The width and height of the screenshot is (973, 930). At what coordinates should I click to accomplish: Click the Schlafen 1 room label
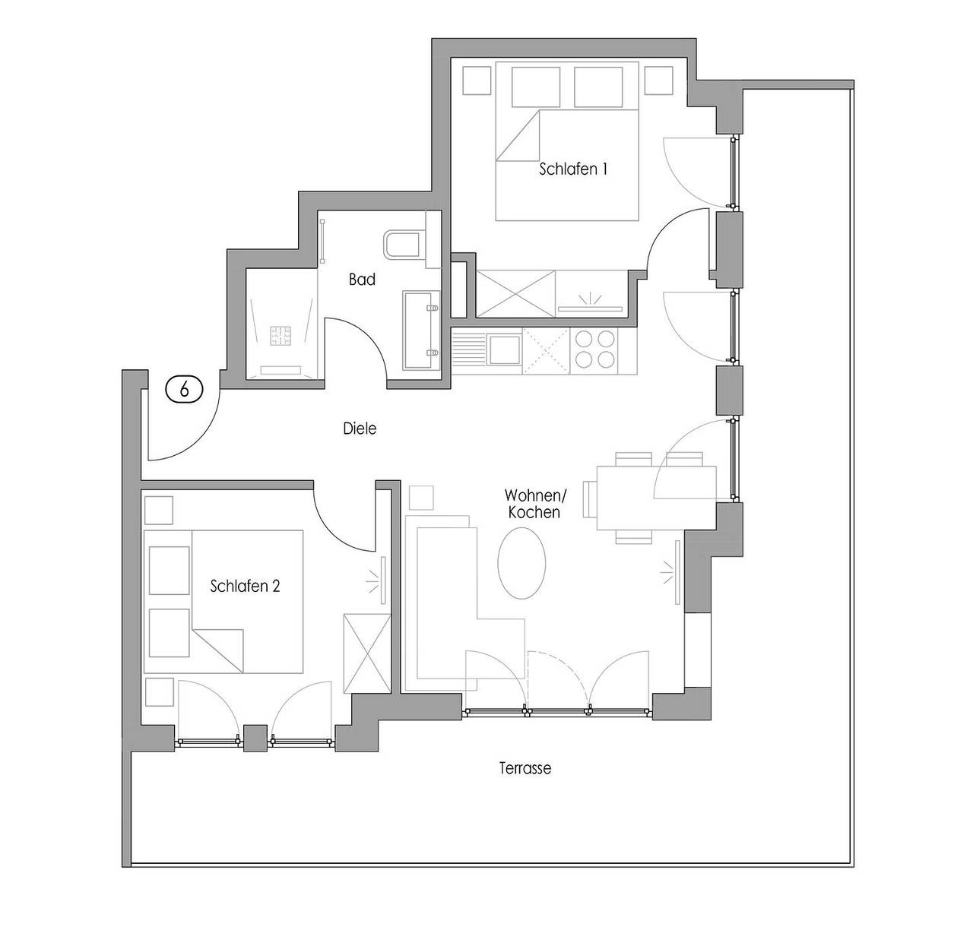pyautogui.click(x=573, y=169)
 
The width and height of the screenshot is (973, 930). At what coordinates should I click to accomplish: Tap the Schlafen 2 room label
pyautogui.click(x=245, y=586)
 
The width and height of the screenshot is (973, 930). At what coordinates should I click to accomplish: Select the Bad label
pyautogui.click(x=362, y=280)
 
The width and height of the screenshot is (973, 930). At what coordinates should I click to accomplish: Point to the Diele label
pyautogui.click(x=360, y=429)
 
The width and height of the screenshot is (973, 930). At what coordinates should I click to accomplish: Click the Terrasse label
pyautogui.click(x=525, y=767)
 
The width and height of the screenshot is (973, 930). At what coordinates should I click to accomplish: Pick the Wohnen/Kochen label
pyautogui.click(x=534, y=504)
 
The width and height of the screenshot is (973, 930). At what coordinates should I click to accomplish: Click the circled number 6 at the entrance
pyautogui.click(x=185, y=389)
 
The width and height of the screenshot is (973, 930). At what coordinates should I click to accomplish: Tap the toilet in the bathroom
pyautogui.click(x=401, y=245)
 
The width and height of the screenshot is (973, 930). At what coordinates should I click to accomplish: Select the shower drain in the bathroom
pyautogui.click(x=280, y=336)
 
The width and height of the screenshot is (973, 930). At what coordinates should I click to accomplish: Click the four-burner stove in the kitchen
pyautogui.click(x=594, y=350)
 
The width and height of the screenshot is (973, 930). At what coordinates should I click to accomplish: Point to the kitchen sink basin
pyautogui.click(x=504, y=350)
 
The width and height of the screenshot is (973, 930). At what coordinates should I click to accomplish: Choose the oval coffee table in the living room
pyautogui.click(x=521, y=563)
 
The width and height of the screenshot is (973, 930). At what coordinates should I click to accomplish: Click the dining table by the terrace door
pyautogui.click(x=657, y=498)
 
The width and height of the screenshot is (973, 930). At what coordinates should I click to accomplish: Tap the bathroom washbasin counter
pyautogui.click(x=421, y=331)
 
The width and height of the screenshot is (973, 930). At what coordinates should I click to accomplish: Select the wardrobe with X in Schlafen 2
pyautogui.click(x=367, y=653)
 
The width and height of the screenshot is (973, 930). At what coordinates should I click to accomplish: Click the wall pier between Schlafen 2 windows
pyautogui.click(x=255, y=738)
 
